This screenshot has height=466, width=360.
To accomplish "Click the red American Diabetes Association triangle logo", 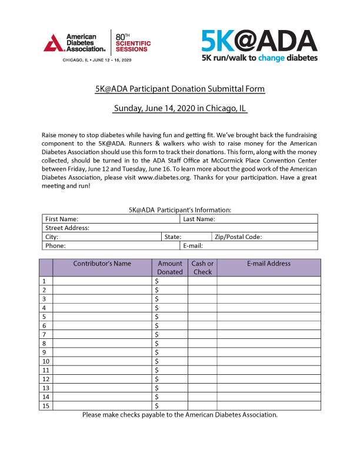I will pyautogui.click(x=54, y=43).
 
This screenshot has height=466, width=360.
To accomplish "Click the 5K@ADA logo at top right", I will pyautogui.click(x=259, y=45).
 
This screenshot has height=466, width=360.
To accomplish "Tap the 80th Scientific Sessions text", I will pyautogui.click(x=132, y=43).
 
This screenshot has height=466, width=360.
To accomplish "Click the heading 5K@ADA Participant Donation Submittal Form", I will pyautogui.click(x=180, y=89).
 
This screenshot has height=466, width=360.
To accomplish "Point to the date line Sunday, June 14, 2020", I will pyautogui.click(x=180, y=108).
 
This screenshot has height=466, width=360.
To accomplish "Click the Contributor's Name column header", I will pyautogui.click(x=102, y=264).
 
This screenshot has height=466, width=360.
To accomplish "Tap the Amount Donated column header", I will pyautogui.click(x=170, y=268).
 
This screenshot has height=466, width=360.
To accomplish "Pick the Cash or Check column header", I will pyautogui.click(x=202, y=268).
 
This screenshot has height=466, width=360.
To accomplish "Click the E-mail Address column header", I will pyautogui.click(x=269, y=264).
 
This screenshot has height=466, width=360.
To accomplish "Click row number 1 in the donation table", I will pyautogui.click(x=45, y=281).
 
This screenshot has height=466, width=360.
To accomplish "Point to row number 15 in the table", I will pyautogui.click(x=46, y=405).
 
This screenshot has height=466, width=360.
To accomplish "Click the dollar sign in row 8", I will pyautogui.click(x=157, y=344).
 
